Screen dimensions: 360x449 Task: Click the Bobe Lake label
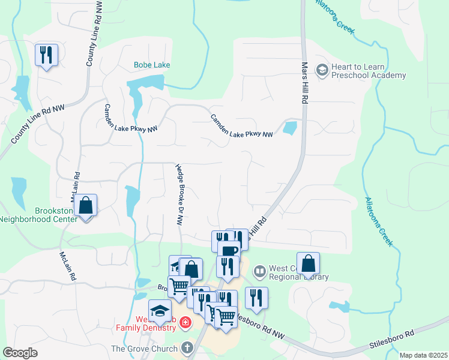pyautogui.click(x=152, y=65)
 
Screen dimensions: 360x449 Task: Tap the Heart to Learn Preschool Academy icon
pyautogui.click(x=322, y=70)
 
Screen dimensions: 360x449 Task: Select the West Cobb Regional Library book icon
pyautogui.click(x=259, y=272)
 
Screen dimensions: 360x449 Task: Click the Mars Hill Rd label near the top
pyautogui.click(x=304, y=83)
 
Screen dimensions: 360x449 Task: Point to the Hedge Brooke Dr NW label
pyautogui.click(x=179, y=194)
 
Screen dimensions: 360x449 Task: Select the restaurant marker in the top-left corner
pyautogui.click(x=46, y=56)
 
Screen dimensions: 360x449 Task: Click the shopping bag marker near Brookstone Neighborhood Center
pyautogui.click(x=86, y=206)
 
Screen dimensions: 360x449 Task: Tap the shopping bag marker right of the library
pyautogui.click(x=308, y=263)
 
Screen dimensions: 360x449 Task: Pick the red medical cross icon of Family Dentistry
pyautogui.click(x=185, y=323)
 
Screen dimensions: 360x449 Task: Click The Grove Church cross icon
pyautogui.click(x=187, y=348)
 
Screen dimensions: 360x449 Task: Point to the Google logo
pyautogui.click(x=20, y=353)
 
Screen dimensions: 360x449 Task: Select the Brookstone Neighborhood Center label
pyautogui.click(x=38, y=215)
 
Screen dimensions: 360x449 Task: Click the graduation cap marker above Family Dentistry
pyautogui.click(x=160, y=311)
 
